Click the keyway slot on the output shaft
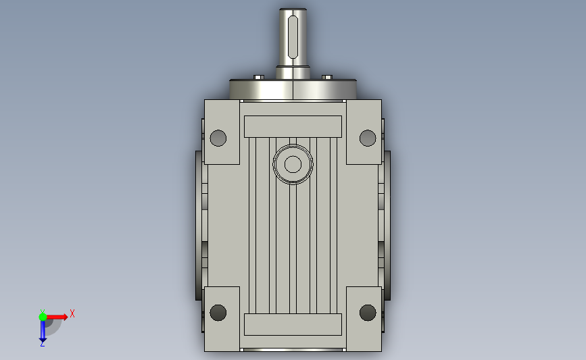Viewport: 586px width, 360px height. (293, 37)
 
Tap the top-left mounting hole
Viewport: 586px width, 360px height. (218, 138)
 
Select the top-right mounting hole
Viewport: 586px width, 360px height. (368, 138)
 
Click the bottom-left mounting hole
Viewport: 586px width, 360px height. (218, 313)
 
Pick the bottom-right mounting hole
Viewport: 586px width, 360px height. (368, 313)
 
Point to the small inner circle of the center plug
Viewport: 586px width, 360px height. (293, 164)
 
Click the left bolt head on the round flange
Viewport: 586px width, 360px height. (259, 77)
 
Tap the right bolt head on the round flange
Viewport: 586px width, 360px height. (327, 77)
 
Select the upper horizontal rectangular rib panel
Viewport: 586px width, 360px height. (293, 126)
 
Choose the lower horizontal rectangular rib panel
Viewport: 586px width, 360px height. (293, 324)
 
